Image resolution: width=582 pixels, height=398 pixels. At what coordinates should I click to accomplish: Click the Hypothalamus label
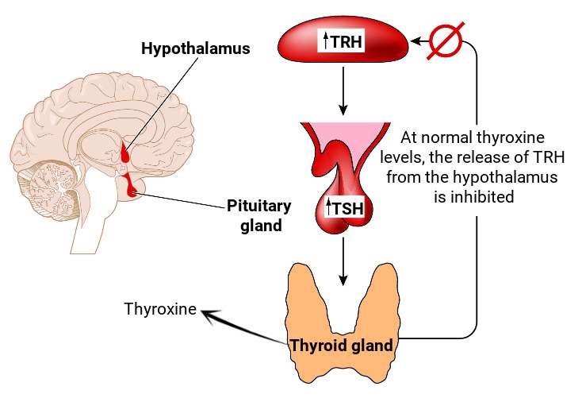coord(195,48)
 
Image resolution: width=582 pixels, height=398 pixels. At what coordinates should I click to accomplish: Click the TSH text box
coord(343,207)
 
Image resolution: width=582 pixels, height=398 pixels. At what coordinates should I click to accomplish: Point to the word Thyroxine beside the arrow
coord(159,308)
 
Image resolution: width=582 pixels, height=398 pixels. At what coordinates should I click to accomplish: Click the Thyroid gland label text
coord(340,346)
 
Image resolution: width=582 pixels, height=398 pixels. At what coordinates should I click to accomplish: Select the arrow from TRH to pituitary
coord(343,90)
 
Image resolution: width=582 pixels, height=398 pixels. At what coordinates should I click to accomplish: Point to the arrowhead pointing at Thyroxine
coord(209,317)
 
